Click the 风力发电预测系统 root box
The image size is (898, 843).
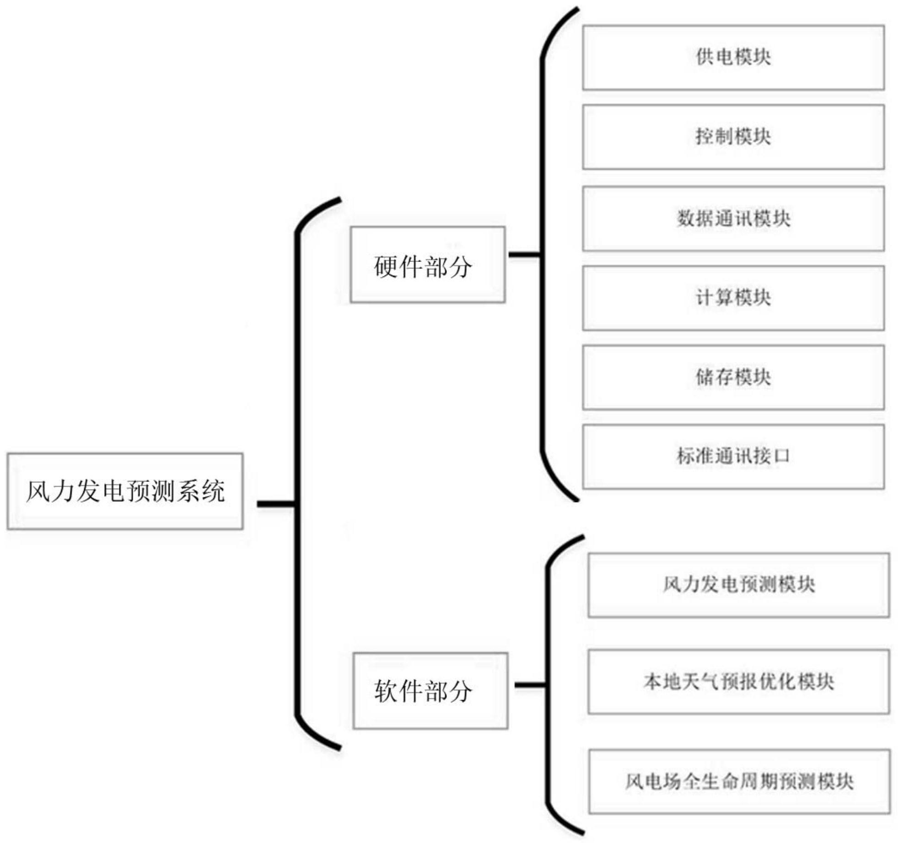[125, 491]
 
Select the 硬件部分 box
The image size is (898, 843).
[427, 264]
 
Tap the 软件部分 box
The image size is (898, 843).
[430, 690]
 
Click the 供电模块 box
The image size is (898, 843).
[733, 58]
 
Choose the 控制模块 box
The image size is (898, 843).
[733, 137]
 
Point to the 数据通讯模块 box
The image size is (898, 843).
[733, 218]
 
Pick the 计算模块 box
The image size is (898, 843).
[733, 298]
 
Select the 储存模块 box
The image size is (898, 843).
[733, 377]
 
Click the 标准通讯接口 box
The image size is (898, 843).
[733, 456]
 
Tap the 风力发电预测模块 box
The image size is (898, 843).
[738, 585]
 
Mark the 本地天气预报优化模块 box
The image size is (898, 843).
[738, 681]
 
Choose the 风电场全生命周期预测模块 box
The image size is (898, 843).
[739, 781]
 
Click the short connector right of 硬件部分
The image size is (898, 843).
[524, 255]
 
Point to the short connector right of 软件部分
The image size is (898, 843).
[530, 685]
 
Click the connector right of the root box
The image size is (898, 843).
[275, 504]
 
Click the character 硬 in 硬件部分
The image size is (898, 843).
[386, 267]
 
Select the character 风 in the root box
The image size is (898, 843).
[38, 491]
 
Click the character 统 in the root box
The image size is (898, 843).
[213, 491]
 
